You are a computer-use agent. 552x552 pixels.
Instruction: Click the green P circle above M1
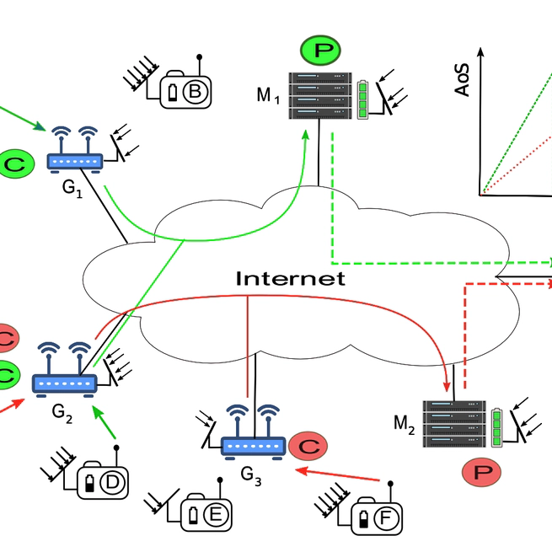coord(323,51)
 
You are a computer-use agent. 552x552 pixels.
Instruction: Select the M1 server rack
coord(319,95)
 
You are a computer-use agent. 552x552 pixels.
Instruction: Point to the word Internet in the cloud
coord(290,279)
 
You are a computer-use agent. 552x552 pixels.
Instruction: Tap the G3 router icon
coord(253,434)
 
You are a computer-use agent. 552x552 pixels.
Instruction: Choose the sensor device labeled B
coord(186,90)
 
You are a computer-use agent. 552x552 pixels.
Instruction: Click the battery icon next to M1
coord(365,99)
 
